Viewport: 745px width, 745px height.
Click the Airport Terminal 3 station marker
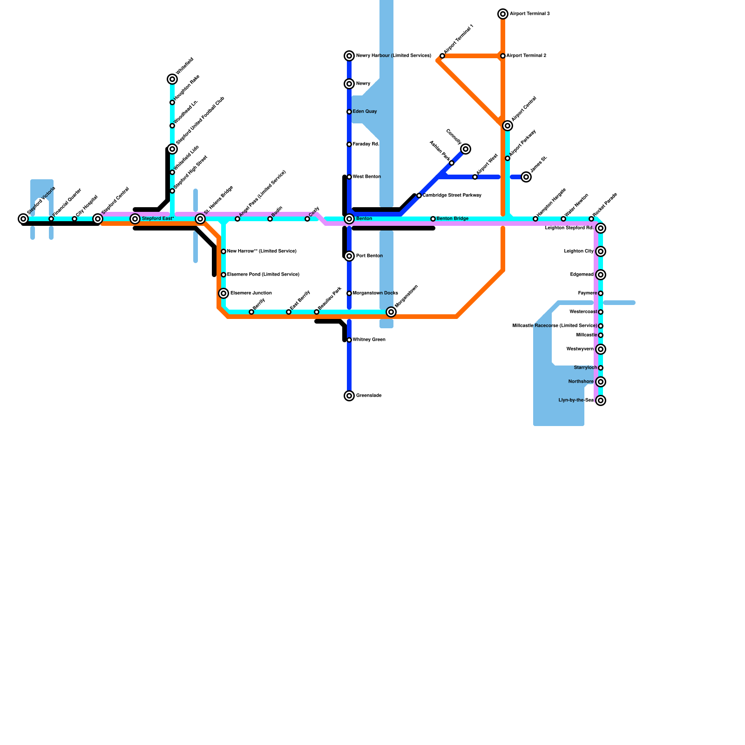503,14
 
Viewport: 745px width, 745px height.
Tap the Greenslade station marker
349,396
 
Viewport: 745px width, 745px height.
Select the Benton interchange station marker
349,219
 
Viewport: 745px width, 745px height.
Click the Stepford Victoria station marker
23,219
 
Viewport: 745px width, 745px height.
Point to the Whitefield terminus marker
172,79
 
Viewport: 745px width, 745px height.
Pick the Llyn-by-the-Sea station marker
601,400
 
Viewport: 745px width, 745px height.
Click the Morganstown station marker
391,312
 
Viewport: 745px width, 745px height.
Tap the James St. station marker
526,177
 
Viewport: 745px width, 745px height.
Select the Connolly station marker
466,149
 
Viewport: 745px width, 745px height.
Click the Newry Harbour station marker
349,56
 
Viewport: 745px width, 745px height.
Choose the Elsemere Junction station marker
223,293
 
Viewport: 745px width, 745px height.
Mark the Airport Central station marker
508,126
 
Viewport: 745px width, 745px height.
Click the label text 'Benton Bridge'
453,219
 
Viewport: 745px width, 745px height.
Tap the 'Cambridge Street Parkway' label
452,196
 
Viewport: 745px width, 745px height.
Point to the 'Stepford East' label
158,219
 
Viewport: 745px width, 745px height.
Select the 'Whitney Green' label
369,340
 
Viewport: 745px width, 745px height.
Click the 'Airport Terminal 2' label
526,56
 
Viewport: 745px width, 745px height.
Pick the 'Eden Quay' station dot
349,112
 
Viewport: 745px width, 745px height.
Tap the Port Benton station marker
349,256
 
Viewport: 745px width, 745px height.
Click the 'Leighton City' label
579,251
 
